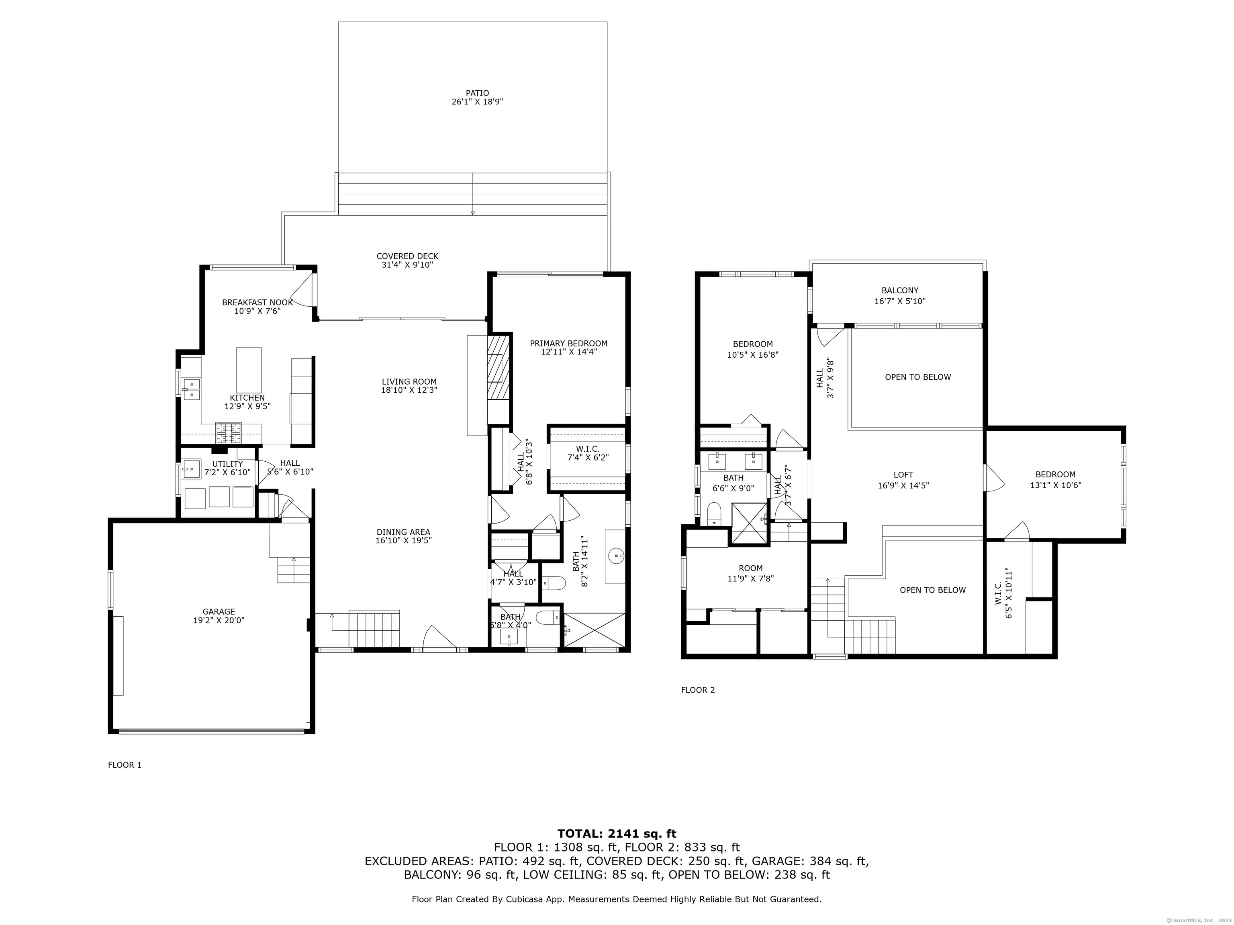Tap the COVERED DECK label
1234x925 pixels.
407,257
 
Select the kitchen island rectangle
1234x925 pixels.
249,370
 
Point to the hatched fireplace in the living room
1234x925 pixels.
498,366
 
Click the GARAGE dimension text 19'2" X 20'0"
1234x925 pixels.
219,620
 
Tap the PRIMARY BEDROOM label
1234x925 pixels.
568,343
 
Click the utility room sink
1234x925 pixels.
191,469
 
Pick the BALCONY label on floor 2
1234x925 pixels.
900,291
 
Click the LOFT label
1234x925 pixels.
903,475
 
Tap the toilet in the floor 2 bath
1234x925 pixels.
713,513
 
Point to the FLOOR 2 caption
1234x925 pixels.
698,690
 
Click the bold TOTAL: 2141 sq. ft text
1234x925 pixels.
617,833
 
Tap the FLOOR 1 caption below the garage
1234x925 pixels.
125,765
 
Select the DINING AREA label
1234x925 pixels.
403,532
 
